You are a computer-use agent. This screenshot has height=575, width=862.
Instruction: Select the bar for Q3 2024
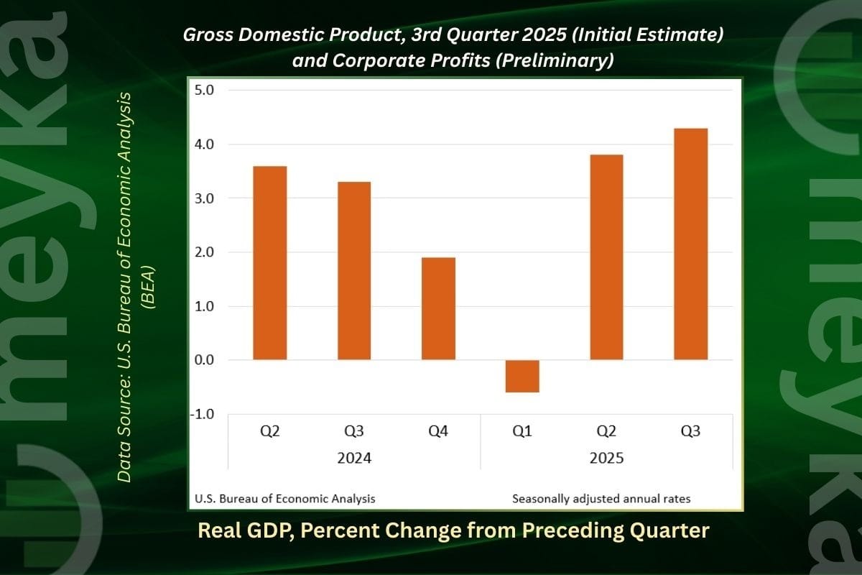point(354,271)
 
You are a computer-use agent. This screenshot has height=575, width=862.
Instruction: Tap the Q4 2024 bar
point(438,308)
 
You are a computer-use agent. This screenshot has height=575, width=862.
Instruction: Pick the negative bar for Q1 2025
point(522,376)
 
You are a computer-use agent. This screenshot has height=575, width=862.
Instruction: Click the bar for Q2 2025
point(606,257)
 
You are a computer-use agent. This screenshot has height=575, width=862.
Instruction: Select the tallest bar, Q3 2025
point(690,244)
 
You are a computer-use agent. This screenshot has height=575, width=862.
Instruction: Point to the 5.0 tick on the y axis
point(207,91)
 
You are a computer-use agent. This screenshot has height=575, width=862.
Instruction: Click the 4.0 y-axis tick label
point(207,144)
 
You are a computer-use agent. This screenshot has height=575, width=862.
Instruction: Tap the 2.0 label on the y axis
point(207,252)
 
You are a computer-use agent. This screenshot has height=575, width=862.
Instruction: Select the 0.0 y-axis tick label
point(207,360)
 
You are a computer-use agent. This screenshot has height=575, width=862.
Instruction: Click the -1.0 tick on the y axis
point(205,414)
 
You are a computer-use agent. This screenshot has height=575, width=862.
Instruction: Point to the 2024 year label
point(354,458)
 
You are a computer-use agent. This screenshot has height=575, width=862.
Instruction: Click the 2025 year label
point(606,458)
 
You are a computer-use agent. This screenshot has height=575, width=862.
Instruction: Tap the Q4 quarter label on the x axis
point(438,431)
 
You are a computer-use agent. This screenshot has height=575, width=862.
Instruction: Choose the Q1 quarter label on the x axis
point(522,431)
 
